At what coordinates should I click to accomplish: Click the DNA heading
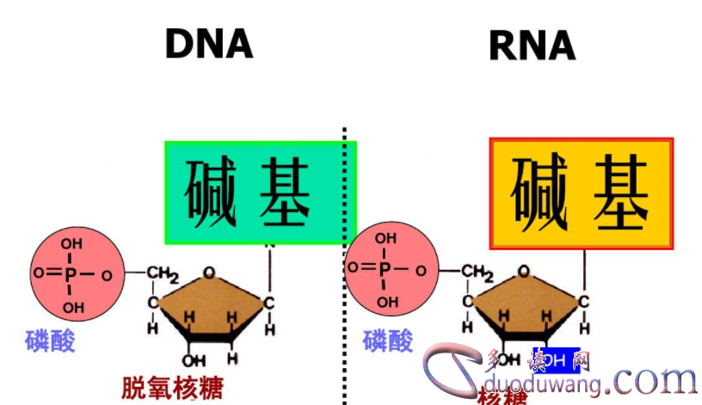tap(209, 44)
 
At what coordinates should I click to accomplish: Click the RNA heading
tap(532, 45)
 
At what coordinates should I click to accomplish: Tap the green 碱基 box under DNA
tap(261, 193)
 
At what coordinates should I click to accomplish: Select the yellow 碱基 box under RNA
tap(581, 193)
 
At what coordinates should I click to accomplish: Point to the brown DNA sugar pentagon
tap(209, 305)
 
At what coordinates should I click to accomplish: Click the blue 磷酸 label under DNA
tap(50, 341)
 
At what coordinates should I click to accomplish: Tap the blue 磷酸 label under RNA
tap(388, 341)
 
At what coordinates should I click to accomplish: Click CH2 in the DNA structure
tap(161, 274)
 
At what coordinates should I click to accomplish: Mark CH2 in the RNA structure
tap(476, 272)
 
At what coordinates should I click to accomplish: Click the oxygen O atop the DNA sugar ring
tap(209, 273)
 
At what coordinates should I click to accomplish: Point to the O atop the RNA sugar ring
tap(523, 270)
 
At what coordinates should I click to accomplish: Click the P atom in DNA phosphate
tap(71, 276)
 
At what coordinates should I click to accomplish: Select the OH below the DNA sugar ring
tap(194, 360)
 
